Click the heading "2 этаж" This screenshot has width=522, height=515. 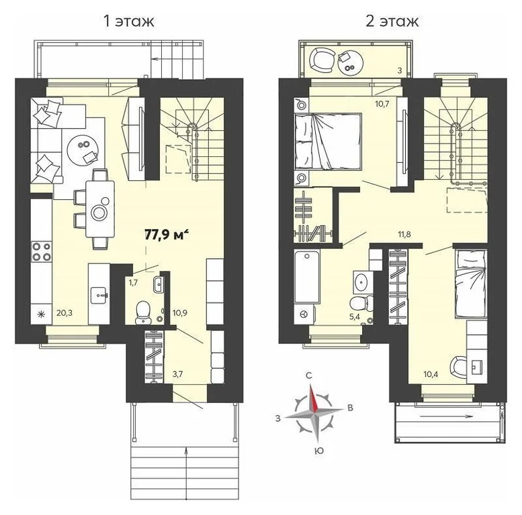(392, 21)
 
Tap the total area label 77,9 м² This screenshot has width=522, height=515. (167, 234)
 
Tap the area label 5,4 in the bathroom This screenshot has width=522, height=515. (353, 314)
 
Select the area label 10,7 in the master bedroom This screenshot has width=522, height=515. (382, 104)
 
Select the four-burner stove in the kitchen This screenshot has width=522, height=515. (41, 251)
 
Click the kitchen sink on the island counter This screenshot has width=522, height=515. (99, 293)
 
